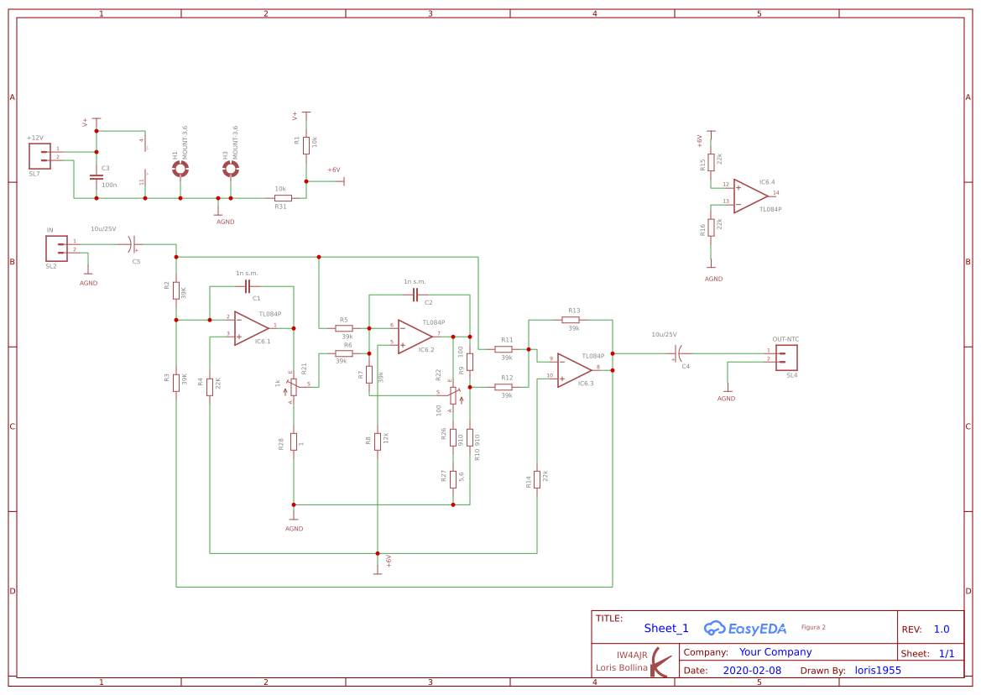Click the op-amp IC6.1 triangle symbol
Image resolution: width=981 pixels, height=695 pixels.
coord(251,327)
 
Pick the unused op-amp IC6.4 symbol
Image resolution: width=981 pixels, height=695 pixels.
coord(749,196)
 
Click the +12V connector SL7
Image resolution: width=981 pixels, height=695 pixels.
coord(39,155)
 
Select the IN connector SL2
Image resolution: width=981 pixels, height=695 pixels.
coord(56,248)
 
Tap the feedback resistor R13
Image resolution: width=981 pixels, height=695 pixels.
coord(571,320)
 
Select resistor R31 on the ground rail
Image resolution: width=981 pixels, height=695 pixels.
coord(283,198)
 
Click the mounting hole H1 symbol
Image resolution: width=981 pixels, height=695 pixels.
coord(180,169)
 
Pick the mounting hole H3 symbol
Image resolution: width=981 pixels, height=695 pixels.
coord(231,169)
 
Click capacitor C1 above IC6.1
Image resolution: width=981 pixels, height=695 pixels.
coord(248,286)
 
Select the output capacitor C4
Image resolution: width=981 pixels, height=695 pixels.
coord(679,354)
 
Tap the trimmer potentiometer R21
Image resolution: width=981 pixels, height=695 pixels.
coord(293,386)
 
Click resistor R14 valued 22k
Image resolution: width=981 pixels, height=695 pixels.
coord(537,479)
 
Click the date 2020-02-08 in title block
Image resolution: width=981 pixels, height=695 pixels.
coord(751,671)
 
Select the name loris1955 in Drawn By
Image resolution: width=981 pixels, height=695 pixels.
coord(877,671)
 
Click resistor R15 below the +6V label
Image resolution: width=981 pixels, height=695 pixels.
coord(711,162)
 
